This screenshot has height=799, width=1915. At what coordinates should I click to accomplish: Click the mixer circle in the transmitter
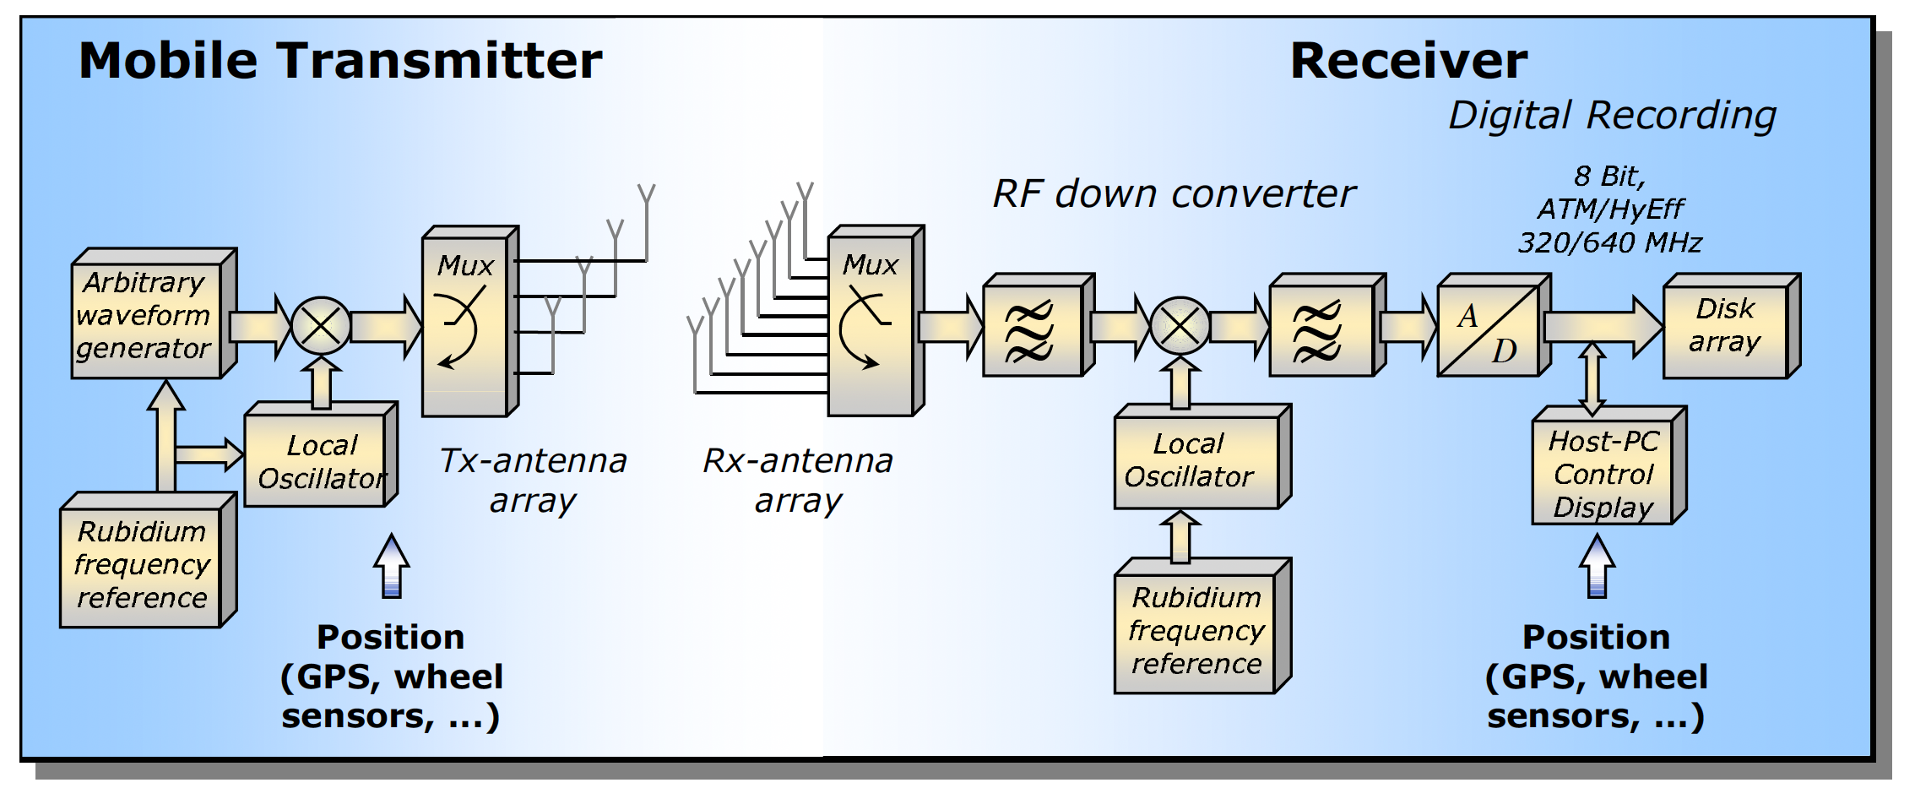321,326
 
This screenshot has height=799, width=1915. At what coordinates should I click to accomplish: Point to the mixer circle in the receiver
1180,326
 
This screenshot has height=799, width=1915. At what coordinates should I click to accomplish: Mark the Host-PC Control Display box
1602,474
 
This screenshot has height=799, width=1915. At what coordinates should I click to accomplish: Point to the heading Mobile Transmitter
340,61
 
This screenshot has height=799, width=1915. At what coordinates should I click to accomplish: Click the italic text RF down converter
1173,193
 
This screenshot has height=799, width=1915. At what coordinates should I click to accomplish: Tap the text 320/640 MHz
1609,243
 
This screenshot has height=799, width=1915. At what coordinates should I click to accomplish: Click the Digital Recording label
1612,115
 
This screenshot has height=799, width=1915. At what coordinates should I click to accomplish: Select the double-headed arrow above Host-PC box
1592,378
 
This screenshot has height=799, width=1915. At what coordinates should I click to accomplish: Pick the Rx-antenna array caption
798,481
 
